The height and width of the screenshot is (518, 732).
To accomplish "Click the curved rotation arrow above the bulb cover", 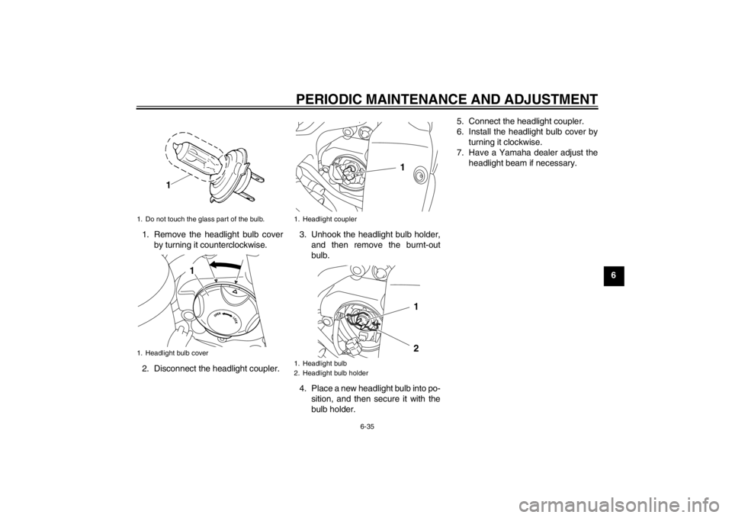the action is point(225,266).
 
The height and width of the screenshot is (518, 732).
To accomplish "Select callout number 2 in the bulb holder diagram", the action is point(416,349).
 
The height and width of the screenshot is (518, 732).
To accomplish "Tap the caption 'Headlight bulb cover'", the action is point(176,353).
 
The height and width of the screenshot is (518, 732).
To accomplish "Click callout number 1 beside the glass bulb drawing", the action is point(168,185).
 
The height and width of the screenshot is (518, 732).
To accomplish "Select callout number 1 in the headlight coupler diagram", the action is point(402,167).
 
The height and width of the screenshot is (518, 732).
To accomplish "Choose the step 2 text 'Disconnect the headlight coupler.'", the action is point(211,369).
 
